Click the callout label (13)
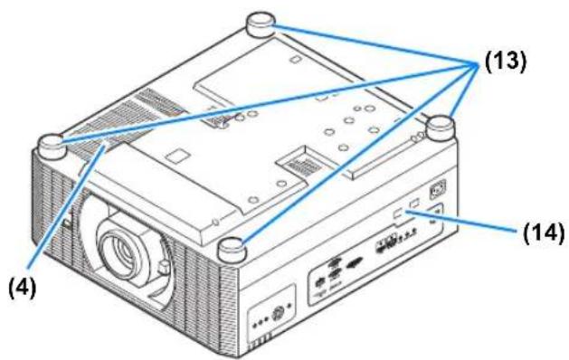(505, 61)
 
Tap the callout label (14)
(544, 232)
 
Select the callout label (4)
(23, 289)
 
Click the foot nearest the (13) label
(441, 128)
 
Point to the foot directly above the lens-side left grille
(52, 146)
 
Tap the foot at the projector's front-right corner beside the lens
(232, 249)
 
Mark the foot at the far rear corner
(261, 24)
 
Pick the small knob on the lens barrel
(164, 267)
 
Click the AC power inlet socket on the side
(438, 189)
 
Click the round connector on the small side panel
(278, 312)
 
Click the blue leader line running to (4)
(66, 207)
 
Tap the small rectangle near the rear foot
(294, 59)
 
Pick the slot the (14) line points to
(398, 215)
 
